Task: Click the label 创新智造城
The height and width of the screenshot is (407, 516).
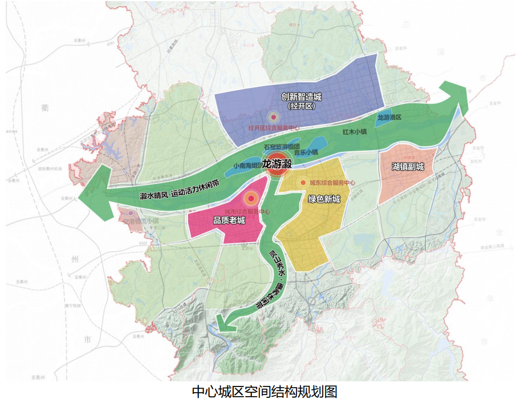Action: (302, 96)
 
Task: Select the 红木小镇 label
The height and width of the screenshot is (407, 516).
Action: (354, 131)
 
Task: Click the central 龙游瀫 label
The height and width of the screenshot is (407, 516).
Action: (277, 164)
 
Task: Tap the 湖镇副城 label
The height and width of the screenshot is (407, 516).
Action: (408, 167)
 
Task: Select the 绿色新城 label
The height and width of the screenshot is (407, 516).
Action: (324, 199)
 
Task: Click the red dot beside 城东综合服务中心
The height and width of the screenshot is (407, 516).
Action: (303, 183)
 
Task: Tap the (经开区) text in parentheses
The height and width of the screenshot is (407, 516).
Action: (302, 106)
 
